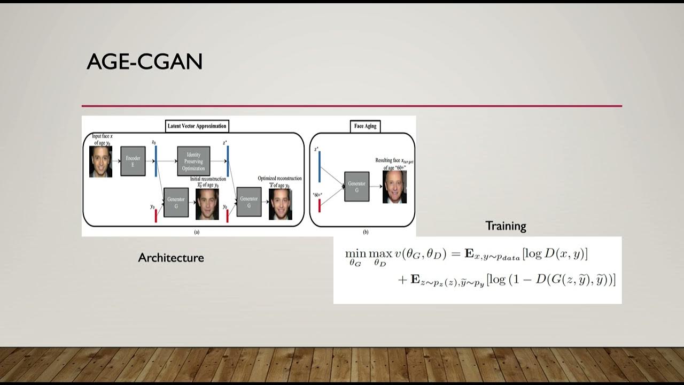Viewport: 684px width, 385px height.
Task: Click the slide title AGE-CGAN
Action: click(144, 62)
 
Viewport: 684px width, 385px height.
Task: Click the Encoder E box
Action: click(133, 161)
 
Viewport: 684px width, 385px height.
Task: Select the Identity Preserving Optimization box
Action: click(193, 161)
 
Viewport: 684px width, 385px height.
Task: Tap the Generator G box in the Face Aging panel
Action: click(356, 186)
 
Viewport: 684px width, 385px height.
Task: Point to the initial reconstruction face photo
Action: click(207, 204)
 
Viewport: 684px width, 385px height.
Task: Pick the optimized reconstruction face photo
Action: click(280, 204)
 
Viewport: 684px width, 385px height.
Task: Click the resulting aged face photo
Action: click(394, 187)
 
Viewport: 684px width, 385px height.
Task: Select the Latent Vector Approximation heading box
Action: click(197, 126)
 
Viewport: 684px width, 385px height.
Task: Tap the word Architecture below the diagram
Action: click(171, 258)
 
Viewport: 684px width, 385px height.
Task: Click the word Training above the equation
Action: click(506, 226)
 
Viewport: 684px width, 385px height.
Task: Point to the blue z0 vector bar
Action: click(156, 161)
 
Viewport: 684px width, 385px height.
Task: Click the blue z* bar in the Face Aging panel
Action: click(320, 167)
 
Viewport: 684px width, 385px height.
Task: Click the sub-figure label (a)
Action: click(196, 232)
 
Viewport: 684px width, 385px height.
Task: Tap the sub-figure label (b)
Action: click(366, 232)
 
